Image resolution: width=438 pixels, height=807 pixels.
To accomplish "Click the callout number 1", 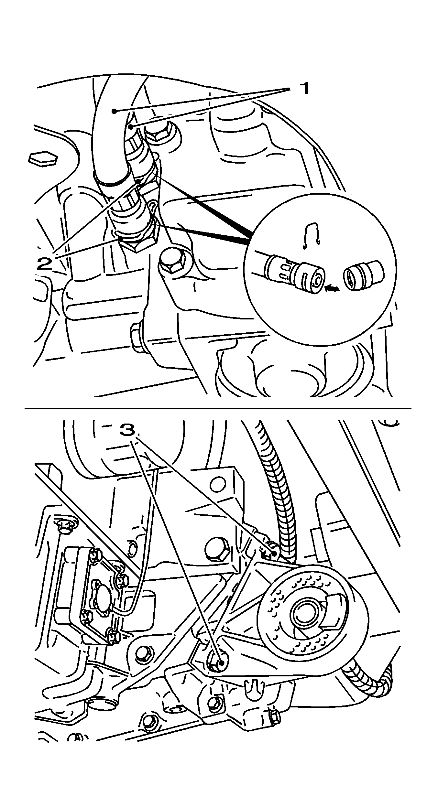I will click(x=304, y=88).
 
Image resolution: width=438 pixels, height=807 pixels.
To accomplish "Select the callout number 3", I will click(x=127, y=430).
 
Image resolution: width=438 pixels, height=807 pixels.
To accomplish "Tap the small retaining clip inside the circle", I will click(x=311, y=235).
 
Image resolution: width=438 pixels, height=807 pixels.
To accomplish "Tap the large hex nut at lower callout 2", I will click(x=139, y=240).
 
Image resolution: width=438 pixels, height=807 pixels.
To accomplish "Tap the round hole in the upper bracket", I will click(x=217, y=484).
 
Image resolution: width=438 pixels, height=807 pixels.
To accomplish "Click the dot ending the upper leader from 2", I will click(x=139, y=181).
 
